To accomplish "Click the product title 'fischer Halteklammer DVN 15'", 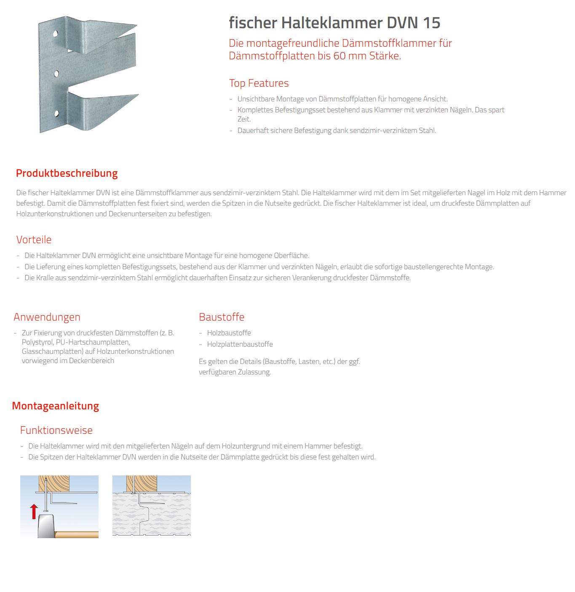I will coord(334,23).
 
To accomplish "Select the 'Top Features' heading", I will coord(259,83).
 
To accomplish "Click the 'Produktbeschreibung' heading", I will coord(67,173).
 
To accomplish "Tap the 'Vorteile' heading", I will coord(34,240).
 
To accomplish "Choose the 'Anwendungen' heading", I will coord(47,317).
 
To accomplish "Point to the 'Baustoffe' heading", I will coord(222,317).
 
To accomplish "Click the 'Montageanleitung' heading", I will coord(55,406).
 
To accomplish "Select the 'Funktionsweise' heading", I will coord(56,430).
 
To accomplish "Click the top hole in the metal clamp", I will coord(55,33).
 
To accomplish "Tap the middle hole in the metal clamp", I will coord(56,74).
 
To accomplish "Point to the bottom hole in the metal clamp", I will coord(56,113).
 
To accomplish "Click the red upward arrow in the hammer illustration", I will coord(34,511).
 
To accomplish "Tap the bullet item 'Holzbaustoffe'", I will coord(229,333).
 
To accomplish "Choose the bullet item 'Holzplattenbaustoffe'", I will coord(240,344).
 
